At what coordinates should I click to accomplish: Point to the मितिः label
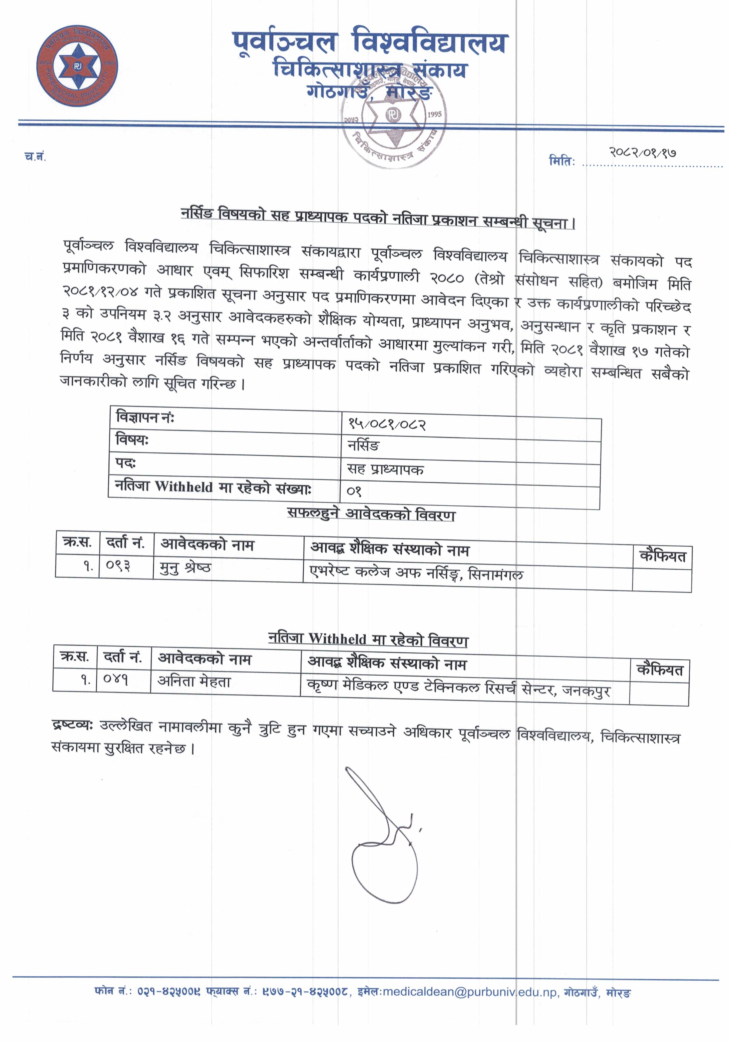coord(562,161)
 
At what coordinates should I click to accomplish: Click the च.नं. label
coord(35,157)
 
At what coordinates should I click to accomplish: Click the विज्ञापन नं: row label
coord(145,417)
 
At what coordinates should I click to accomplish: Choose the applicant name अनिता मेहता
coord(194,681)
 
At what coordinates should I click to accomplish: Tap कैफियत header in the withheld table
coord(659,670)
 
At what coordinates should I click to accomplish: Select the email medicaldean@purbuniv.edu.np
coord(470,993)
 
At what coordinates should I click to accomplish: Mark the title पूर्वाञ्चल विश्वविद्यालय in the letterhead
coord(370,43)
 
